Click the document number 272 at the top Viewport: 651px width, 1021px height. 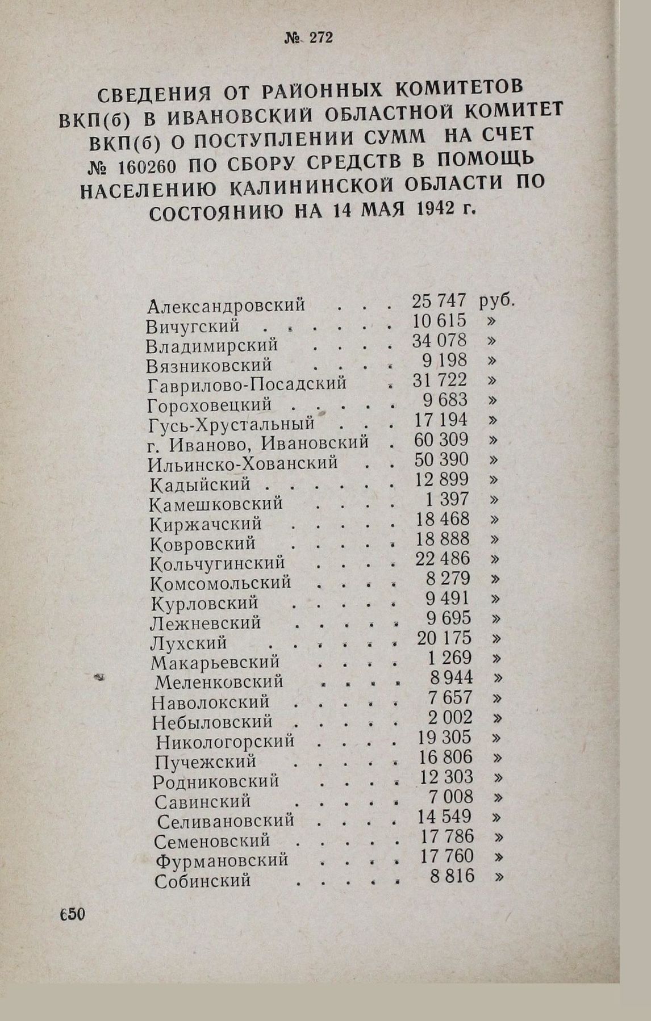pyautogui.click(x=321, y=38)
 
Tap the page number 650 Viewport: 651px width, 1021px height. pyautogui.click(x=71, y=915)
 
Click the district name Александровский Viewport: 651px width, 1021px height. pyautogui.click(x=226, y=306)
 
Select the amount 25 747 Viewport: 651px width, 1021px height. pyautogui.click(x=439, y=301)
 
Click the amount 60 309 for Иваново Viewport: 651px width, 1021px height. pyautogui.click(x=441, y=440)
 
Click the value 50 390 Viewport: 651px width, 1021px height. pyautogui.click(x=441, y=459)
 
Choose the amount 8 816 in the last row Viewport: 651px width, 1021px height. pyautogui.click(x=452, y=876)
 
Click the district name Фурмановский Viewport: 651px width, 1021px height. pyautogui.click(x=222, y=861)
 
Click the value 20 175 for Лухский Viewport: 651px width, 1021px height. pyautogui.click(x=444, y=638)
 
